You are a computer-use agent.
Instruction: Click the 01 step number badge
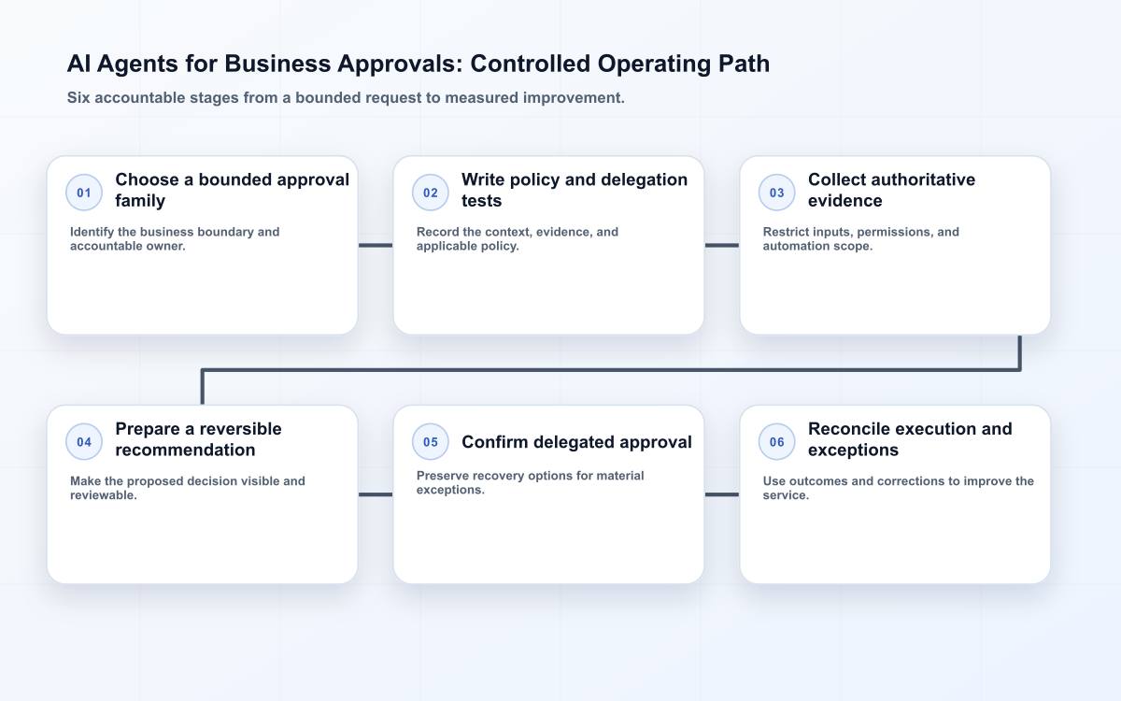[84, 193]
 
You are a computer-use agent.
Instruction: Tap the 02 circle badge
[431, 193]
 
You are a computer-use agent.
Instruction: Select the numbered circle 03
[776, 193]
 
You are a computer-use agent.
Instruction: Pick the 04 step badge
[84, 441]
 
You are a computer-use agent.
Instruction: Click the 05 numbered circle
[431, 441]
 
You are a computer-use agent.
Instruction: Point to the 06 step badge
[776, 441]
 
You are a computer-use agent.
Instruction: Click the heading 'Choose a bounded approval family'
[233, 190]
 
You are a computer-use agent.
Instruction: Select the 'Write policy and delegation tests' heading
[575, 190]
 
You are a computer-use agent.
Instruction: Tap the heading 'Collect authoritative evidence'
[891, 190]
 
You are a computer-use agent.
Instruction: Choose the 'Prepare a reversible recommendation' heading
[198, 439]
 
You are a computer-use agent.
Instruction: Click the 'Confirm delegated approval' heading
[576, 442]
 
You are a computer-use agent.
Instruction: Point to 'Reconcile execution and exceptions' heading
[910, 439]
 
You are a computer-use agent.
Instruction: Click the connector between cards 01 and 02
[376, 245]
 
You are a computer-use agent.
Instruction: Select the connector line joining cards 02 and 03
[721, 245]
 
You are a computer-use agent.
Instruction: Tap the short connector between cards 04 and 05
[376, 494]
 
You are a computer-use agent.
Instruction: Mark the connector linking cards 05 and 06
[721, 494]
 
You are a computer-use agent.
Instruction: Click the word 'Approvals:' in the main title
[400, 64]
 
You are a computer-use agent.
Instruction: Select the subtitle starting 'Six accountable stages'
[346, 97]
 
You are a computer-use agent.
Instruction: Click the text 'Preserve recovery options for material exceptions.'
[530, 482]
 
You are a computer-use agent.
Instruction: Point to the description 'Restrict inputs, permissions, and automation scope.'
[860, 239]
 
